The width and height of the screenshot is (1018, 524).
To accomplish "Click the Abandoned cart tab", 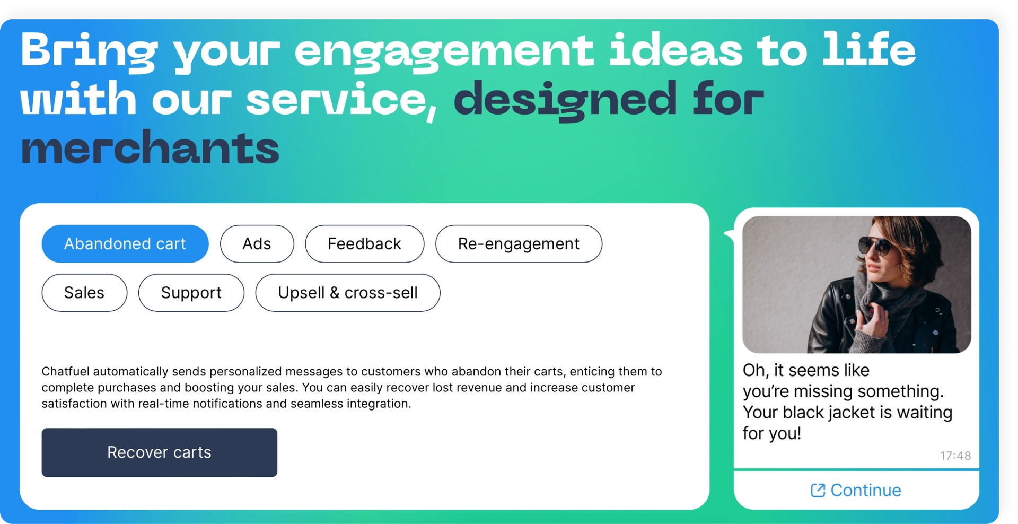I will [x=125, y=244].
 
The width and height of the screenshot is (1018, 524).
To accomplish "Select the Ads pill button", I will [x=257, y=244].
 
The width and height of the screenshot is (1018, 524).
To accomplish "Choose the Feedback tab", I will [x=364, y=244].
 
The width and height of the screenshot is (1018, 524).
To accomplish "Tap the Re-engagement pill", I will [x=519, y=244].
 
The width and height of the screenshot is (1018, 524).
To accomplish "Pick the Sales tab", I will [x=84, y=293].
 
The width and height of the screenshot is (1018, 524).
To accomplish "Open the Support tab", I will [x=191, y=293].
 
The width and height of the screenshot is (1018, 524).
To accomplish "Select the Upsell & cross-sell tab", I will [x=347, y=293].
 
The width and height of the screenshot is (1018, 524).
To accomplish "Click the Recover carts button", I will [x=159, y=452].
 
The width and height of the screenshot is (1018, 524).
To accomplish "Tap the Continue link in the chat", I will [x=865, y=491].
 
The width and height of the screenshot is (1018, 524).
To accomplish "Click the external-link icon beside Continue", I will [x=818, y=491].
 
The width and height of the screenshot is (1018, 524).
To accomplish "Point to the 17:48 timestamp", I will [x=955, y=456].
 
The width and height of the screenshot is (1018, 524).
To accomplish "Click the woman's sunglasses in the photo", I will [x=875, y=245].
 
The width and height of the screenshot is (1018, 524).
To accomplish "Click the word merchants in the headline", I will [x=150, y=149].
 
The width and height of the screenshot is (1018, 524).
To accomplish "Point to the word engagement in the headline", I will [x=444, y=51].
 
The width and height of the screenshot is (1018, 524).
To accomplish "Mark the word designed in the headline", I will [x=565, y=100].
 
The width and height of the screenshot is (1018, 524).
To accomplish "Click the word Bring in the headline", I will [x=89, y=51].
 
